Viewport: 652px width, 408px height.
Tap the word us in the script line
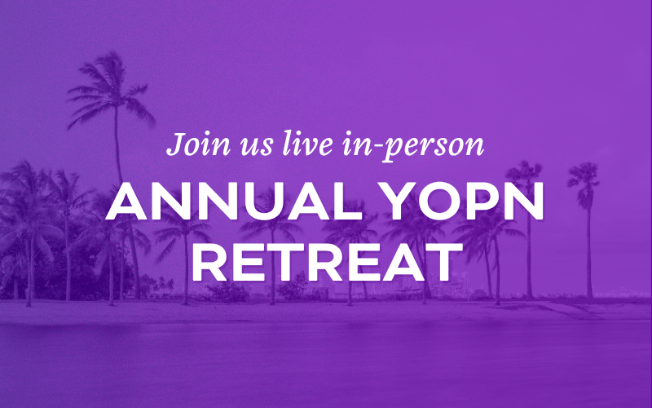coord(256,147)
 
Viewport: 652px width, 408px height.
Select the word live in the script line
coord(307,144)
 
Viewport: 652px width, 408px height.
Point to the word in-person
coord(413,146)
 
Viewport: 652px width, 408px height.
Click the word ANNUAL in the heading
coord(234,201)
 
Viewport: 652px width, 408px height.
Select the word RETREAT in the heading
coord(328,262)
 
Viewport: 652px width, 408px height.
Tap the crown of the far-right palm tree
coord(584,179)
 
